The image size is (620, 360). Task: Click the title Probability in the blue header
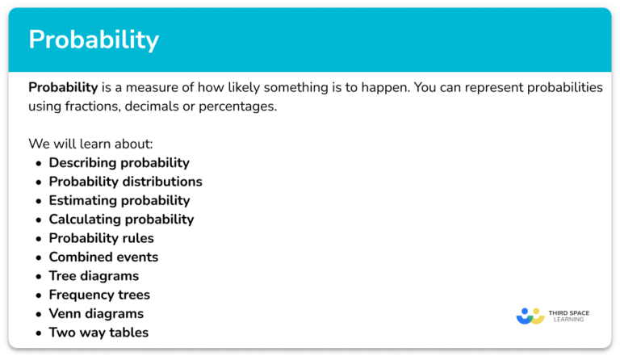pos(94,40)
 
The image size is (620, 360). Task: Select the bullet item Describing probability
pos(119,163)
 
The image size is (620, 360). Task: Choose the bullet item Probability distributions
pos(125,182)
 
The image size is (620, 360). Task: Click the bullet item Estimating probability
pos(119,201)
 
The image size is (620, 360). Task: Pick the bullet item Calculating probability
pos(121,220)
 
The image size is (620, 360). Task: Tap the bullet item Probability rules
pos(101,238)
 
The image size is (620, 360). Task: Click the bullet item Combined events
pos(103,257)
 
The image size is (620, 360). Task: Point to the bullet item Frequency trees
pos(99,295)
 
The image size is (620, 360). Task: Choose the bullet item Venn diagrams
pos(96,314)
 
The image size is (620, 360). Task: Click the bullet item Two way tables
pos(98,333)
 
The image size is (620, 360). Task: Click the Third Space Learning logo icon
pos(530,315)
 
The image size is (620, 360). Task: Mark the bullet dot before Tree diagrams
pos(38,277)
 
